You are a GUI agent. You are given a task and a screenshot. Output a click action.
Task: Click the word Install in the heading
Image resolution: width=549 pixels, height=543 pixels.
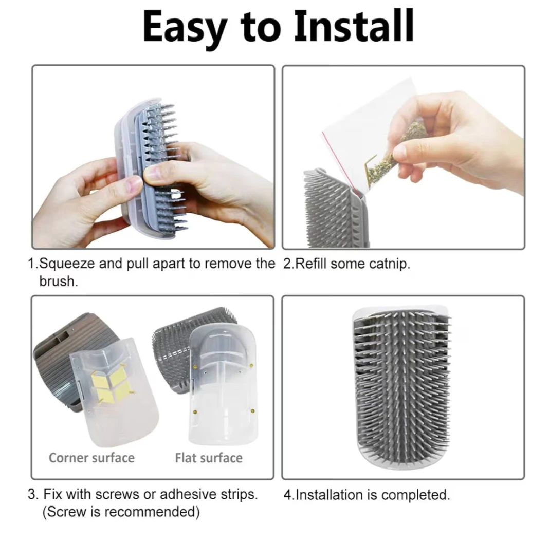coord(354,27)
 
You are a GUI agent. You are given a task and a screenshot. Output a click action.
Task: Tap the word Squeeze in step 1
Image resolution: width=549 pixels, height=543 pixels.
coord(67,264)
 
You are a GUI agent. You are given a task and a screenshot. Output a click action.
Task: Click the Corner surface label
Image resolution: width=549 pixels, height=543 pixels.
coord(91,458)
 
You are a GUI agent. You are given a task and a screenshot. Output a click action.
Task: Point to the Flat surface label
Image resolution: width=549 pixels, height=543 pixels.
coord(209,458)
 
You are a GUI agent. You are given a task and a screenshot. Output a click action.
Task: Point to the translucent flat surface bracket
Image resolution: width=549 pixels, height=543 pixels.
coord(223,383)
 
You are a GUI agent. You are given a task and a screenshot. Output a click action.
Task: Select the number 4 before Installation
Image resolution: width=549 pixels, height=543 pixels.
coord(287,495)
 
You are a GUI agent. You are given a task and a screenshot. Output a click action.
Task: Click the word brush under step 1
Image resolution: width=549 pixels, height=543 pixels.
coord(58,281)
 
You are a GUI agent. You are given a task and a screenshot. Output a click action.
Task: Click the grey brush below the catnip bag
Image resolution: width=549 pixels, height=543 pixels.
coord(334,208)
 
